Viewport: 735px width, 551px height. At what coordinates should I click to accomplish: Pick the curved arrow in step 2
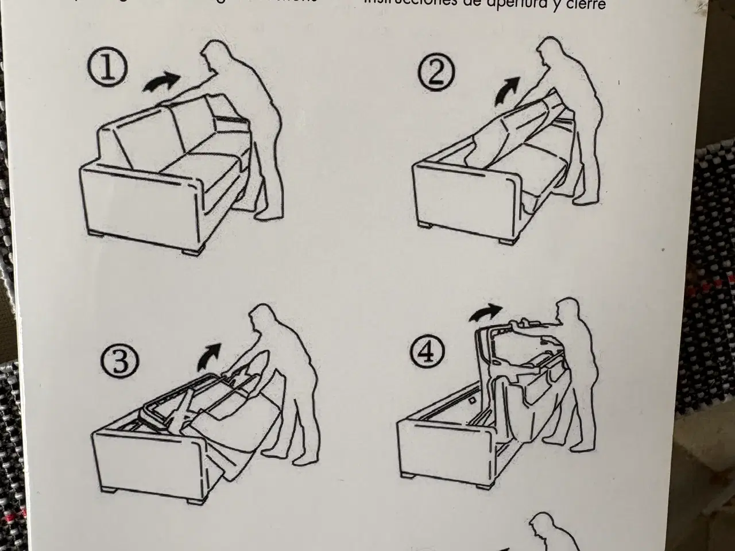[508, 90]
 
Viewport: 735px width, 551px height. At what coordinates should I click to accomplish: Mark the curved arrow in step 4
[485, 313]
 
